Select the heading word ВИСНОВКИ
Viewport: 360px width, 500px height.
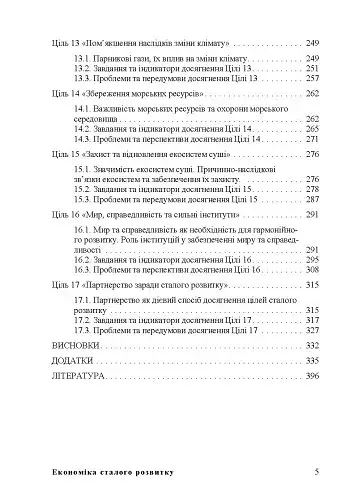(71, 342)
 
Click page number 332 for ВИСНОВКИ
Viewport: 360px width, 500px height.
(312, 342)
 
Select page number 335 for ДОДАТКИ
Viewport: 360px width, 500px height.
(312, 359)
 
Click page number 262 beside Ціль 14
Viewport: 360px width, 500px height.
(312, 92)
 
